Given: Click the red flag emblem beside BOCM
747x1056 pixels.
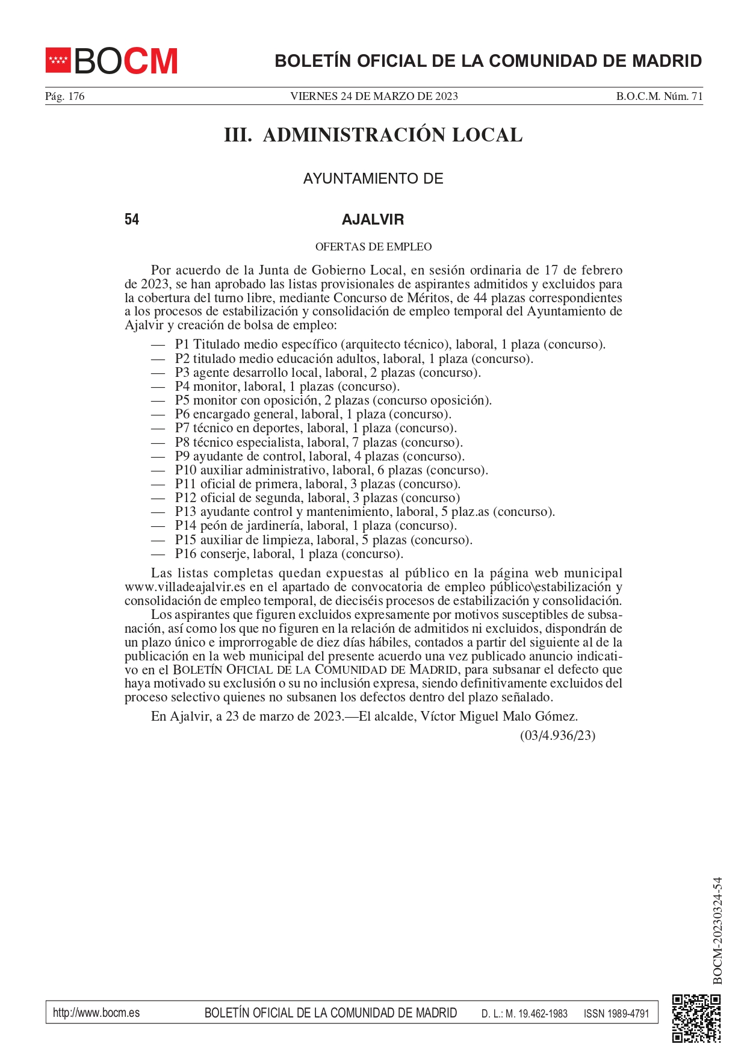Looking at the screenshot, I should pyautogui.click(x=58, y=60).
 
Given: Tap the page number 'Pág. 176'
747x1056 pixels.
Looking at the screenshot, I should pyautogui.click(x=65, y=96).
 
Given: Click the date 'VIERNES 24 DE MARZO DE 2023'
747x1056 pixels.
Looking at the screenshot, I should pyautogui.click(x=374, y=96).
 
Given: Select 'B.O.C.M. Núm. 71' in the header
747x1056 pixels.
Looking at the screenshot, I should pyautogui.click(x=659, y=96).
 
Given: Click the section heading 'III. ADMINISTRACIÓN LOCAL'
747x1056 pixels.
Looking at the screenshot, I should pyautogui.click(x=373, y=135).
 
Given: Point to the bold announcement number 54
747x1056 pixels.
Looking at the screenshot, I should pyautogui.click(x=132, y=219).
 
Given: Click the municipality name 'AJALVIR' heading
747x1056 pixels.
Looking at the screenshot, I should pyautogui.click(x=373, y=219).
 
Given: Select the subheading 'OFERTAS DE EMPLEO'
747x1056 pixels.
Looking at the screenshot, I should pyautogui.click(x=373, y=247).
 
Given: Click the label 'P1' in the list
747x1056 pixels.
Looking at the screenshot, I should pyautogui.click(x=182, y=344).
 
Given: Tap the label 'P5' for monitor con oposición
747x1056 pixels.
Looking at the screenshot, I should pyautogui.click(x=182, y=400).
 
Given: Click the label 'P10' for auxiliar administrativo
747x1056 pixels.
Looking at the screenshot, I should pyautogui.click(x=185, y=470).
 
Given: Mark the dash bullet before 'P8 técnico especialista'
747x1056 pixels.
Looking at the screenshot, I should pyautogui.click(x=158, y=443).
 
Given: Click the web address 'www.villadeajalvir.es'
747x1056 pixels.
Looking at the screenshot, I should pyautogui.click(x=185, y=587).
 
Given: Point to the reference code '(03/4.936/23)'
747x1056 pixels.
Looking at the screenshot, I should pyautogui.click(x=557, y=735).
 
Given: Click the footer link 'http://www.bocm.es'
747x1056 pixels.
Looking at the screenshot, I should pyautogui.click(x=96, y=1013).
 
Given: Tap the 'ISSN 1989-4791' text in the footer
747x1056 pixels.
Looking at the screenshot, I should pyautogui.click(x=616, y=1013).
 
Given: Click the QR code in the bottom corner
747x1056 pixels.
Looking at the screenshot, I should pyautogui.click(x=696, y=1018).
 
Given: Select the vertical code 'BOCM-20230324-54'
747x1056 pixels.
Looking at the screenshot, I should pyautogui.click(x=717, y=930).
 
